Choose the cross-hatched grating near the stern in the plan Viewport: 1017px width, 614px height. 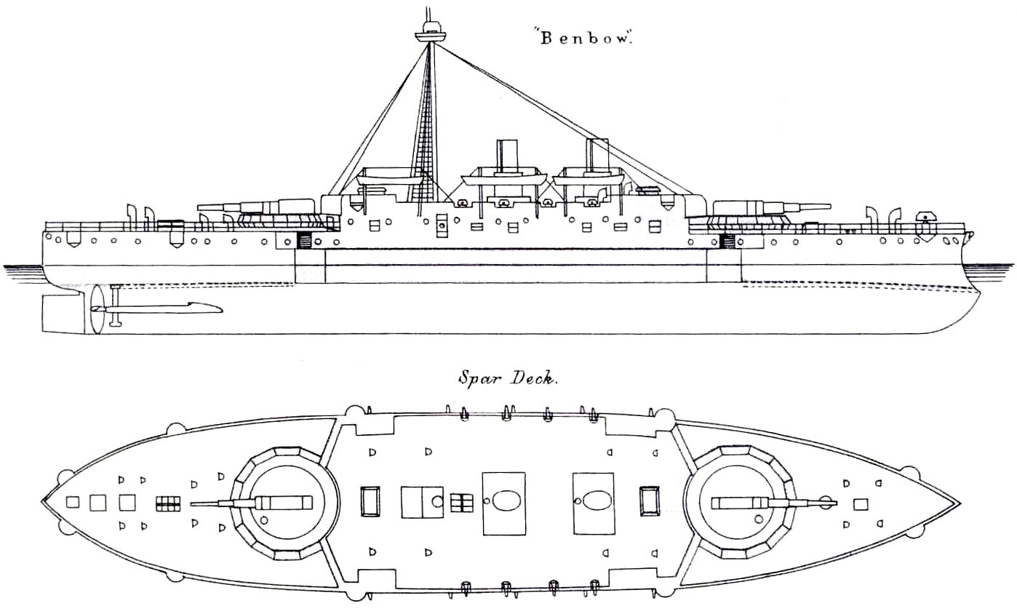click(167, 503)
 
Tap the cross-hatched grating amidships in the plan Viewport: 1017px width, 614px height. click(461, 502)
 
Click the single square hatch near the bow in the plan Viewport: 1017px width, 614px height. click(860, 503)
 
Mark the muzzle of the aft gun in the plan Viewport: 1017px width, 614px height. click(193, 503)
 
